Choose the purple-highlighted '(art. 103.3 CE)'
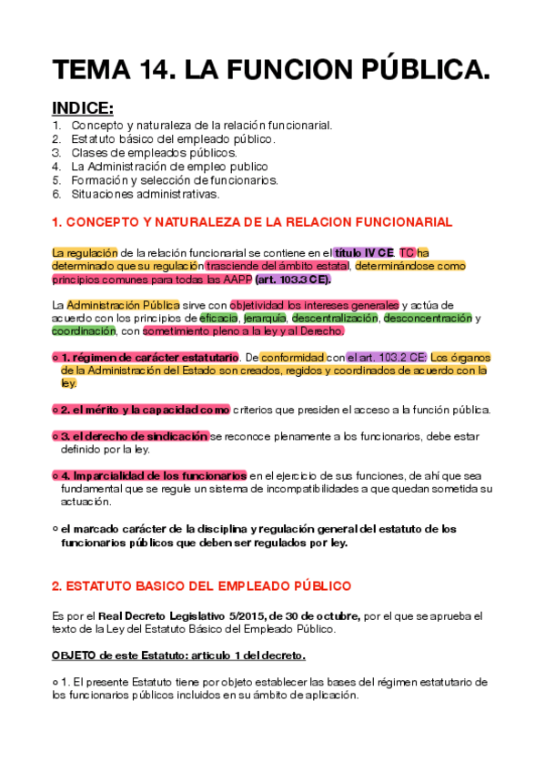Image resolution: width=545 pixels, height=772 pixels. tap(293, 279)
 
